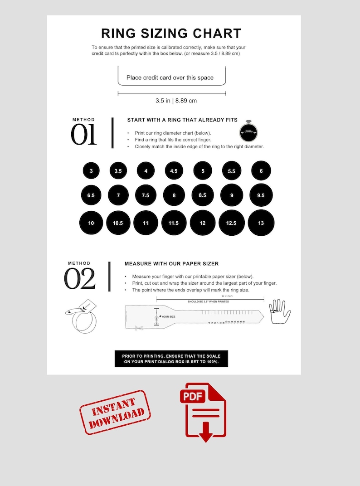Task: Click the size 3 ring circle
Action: (91, 171)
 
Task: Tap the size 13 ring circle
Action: (261, 223)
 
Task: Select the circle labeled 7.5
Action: (146, 195)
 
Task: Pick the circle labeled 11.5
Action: (174, 223)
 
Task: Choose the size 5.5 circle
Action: (231, 171)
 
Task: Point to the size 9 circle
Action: (232, 195)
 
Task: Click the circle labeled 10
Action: (91, 223)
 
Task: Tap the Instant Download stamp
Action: (115, 412)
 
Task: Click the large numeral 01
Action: (84, 135)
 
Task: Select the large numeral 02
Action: (80, 279)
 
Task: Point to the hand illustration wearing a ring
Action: (279, 312)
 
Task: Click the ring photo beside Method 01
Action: (248, 131)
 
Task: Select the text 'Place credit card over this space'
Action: (170, 78)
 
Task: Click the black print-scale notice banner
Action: (171, 359)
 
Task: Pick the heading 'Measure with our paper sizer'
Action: (171, 263)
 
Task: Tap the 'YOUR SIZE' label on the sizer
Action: (168, 317)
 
